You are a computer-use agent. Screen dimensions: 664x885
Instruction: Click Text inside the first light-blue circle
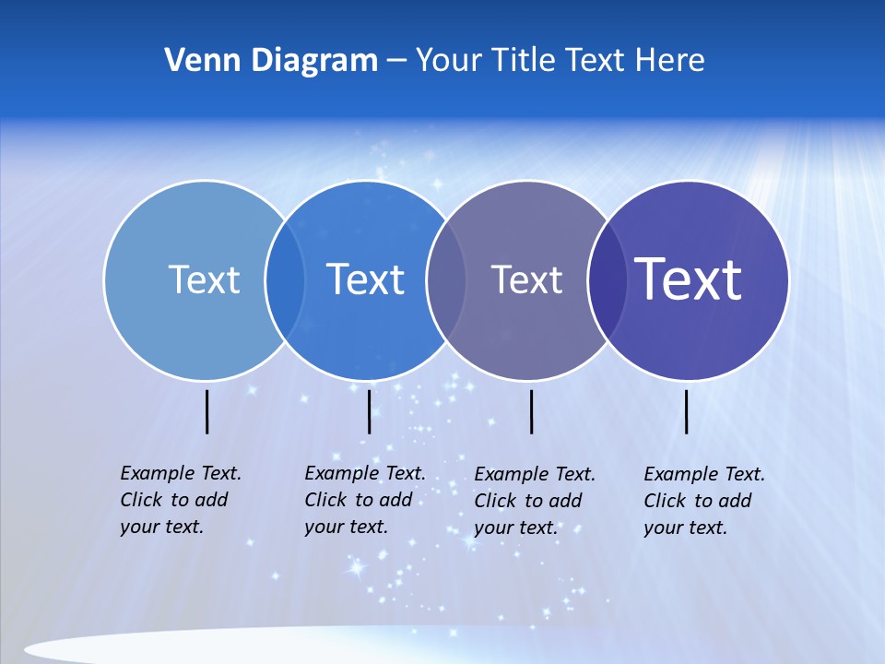tap(204, 279)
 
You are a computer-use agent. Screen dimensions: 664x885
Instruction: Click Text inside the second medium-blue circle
tap(365, 279)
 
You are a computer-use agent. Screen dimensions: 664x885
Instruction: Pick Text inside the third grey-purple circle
tap(526, 279)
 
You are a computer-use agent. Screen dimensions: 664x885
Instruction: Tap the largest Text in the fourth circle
tap(689, 279)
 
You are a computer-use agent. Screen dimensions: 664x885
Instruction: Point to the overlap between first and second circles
tap(285, 279)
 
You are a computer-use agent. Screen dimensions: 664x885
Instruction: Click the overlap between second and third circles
tap(445, 279)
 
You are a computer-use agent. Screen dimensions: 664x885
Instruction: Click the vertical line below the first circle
tap(207, 411)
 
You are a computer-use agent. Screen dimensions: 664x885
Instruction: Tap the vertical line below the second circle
tap(369, 411)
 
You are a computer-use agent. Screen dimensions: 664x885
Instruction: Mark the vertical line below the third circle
tap(532, 411)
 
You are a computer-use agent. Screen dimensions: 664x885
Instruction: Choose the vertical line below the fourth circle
tap(686, 411)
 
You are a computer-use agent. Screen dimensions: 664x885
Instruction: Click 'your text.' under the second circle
tap(346, 527)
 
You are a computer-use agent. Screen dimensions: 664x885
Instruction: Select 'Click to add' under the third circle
tap(528, 501)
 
